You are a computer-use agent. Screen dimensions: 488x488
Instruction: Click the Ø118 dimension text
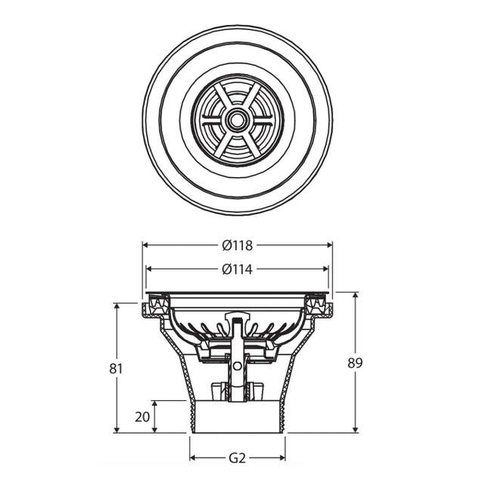pos(237,245)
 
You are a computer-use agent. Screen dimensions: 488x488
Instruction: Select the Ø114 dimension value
pos(237,269)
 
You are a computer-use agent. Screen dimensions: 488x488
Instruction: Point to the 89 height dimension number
pos(354,362)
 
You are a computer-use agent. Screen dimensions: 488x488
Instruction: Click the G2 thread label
pos(237,458)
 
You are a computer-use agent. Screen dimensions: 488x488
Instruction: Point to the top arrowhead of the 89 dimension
pos(356,295)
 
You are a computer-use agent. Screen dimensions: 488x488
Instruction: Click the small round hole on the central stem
pos(238,366)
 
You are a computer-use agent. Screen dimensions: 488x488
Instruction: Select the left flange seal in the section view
pos(155,306)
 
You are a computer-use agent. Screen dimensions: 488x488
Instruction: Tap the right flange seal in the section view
pos(319,306)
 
